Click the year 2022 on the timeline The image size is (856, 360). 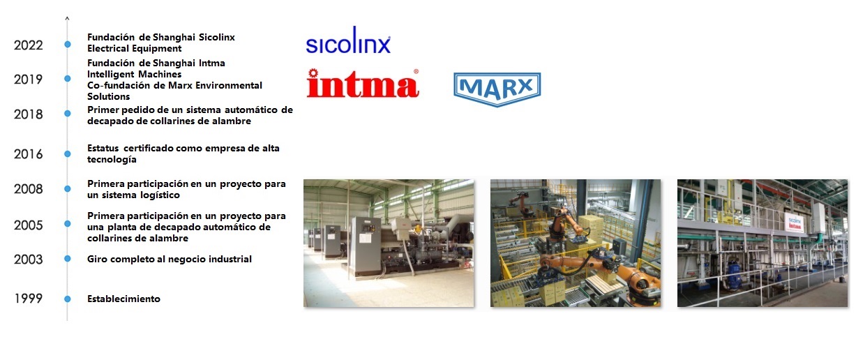(29, 45)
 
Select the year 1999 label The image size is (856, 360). (29, 299)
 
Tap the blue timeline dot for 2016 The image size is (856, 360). (68, 154)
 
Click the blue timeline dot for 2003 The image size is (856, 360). (68, 259)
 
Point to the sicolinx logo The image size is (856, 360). (348, 40)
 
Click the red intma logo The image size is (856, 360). (363, 83)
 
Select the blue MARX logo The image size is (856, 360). (497, 89)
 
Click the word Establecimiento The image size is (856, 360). (123, 299)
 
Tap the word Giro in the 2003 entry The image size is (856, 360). (96, 259)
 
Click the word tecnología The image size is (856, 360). (112, 159)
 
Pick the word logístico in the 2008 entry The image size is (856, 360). (160, 195)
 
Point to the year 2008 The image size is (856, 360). (29, 189)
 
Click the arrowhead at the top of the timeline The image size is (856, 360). (67, 18)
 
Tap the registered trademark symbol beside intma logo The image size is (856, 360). (416, 71)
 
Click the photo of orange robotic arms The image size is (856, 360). (575, 243)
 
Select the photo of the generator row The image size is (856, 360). (389, 243)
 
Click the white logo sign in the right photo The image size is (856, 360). (795, 223)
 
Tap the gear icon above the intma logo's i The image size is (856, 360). (313, 73)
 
